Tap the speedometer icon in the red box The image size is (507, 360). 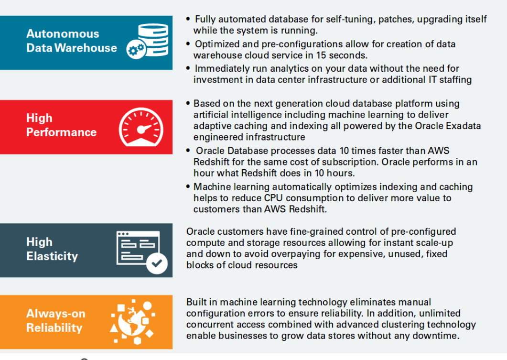coord(141,127)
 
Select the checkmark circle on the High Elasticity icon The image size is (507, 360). coord(156,263)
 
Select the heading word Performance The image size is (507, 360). coord(61,132)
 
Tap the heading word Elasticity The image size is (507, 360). coord(52,256)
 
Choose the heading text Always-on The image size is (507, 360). coord(55,314)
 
